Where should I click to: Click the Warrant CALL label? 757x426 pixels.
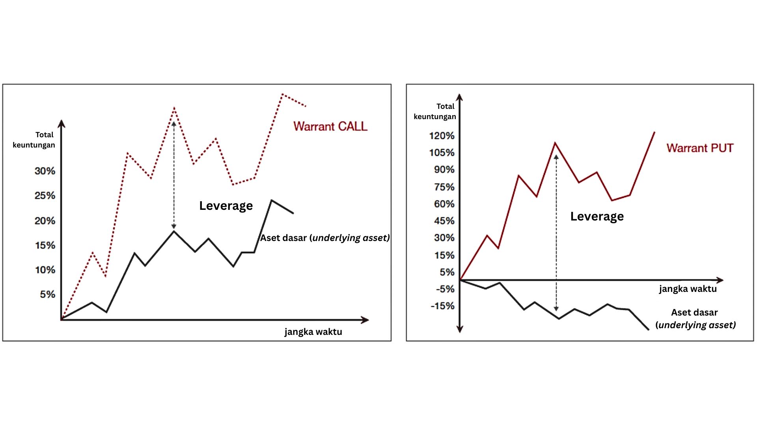pos(330,126)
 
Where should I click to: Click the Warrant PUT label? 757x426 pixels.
pos(700,148)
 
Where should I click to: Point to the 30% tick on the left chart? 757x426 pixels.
pos(45,171)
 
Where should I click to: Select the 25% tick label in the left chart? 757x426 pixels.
pos(45,196)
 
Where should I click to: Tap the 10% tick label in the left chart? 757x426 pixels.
pos(45,270)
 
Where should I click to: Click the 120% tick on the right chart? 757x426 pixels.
pos(442,136)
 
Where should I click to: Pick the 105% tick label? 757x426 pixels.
pos(442,153)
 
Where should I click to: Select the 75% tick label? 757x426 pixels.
pos(444,187)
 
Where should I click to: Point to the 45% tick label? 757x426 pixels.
pos(444,221)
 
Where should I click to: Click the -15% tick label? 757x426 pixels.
pos(443,306)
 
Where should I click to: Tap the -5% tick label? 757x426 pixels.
pos(445,289)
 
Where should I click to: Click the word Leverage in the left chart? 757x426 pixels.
pos(226,206)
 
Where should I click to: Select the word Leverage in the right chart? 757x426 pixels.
pos(597,217)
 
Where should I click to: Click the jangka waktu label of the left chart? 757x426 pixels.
pos(313,332)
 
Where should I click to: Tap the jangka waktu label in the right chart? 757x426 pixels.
pos(688,289)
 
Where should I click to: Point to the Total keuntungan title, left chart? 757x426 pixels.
pos(34,140)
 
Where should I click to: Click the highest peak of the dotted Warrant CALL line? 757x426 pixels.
pos(283,94)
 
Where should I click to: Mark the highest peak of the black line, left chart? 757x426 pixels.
pos(272,200)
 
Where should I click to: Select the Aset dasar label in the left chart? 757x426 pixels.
pos(324,238)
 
